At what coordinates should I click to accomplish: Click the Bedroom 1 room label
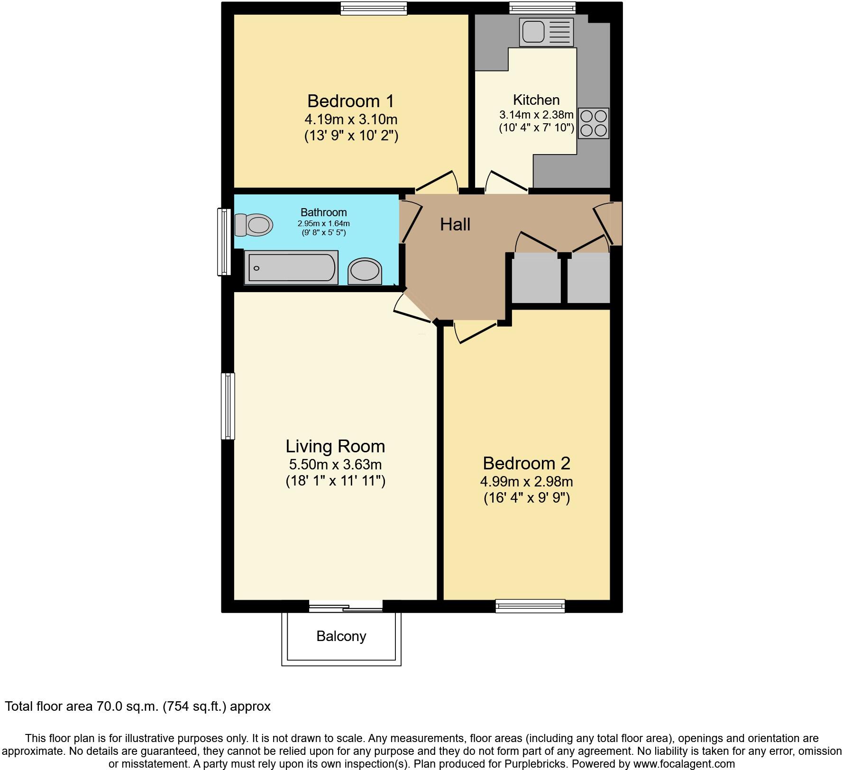tap(350, 101)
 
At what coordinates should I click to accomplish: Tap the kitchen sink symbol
tap(546, 32)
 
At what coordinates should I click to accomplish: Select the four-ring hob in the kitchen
tap(594, 123)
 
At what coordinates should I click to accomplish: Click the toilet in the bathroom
tap(254, 225)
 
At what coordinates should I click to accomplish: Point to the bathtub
tap(291, 268)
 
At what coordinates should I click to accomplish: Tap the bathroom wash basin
tap(365, 272)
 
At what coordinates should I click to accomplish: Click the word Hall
tap(455, 224)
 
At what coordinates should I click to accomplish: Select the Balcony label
tap(341, 636)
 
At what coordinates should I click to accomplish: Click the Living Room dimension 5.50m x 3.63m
tap(335, 465)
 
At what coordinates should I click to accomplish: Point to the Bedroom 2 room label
tap(526, 463)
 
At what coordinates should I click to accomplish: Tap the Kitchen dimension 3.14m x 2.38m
tap(536, 115)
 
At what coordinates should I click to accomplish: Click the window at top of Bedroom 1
tap(374, 8)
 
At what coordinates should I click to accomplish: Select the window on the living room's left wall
tap(228, 406)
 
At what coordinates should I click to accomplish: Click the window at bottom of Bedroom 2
tap(530, 606)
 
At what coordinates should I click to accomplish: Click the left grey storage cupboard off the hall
tap(536, 279)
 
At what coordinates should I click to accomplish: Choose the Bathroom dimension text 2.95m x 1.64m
tap(324, 223)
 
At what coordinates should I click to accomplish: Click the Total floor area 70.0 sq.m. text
tap(137, 706)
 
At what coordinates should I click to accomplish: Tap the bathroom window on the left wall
tap(223, 242)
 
